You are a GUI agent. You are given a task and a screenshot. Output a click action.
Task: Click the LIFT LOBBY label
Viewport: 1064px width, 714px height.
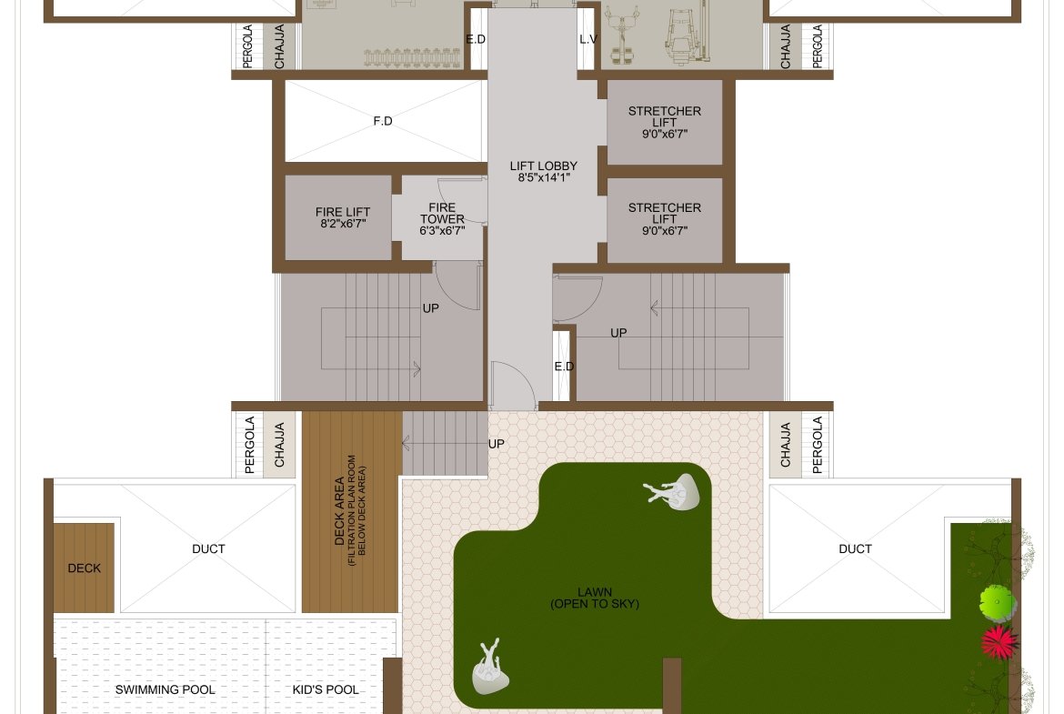coord(544,166)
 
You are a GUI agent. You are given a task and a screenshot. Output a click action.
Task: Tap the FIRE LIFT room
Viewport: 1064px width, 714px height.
coord(338,217)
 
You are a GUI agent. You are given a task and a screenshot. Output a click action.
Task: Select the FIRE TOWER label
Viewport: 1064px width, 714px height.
coord(442,213)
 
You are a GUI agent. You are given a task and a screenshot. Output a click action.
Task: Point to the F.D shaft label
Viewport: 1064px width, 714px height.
coord(383,121)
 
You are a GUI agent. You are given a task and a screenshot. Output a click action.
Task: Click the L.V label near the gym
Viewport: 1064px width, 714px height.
coord(588,39)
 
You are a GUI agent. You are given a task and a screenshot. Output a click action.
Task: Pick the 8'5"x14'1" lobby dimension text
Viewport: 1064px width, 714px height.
coord(544,178)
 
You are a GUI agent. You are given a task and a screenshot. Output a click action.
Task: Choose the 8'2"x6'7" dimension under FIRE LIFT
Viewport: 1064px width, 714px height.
coord(344,223)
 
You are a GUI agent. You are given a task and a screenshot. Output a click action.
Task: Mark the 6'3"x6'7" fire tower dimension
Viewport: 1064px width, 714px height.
coord(442,231)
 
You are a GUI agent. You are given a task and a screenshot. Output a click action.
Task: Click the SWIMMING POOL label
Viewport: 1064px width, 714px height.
coord(165,689)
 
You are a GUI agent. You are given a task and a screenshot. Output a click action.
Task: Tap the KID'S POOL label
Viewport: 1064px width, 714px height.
coord(326,689)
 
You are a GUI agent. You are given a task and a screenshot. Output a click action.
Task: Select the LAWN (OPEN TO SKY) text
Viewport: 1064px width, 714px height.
coord(595,598)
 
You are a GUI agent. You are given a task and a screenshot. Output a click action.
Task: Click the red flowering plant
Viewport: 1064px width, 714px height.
coord(999,642)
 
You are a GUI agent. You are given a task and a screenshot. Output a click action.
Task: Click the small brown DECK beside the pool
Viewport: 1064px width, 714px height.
coord(85,568)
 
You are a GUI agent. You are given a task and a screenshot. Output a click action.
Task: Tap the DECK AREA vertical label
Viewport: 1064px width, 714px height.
coord(350,510)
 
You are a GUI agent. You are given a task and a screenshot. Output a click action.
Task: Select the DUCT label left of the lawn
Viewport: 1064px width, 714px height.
coord(208,548)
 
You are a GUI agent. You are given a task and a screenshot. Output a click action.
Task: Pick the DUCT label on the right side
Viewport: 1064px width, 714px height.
coord(855,548)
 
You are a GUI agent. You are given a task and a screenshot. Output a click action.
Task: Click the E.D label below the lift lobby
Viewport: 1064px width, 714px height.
coord(564,367)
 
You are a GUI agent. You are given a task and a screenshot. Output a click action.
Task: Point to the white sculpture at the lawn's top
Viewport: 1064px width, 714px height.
coord(673,491)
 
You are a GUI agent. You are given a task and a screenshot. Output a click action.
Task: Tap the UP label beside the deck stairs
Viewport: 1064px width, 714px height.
coord(496,444)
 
